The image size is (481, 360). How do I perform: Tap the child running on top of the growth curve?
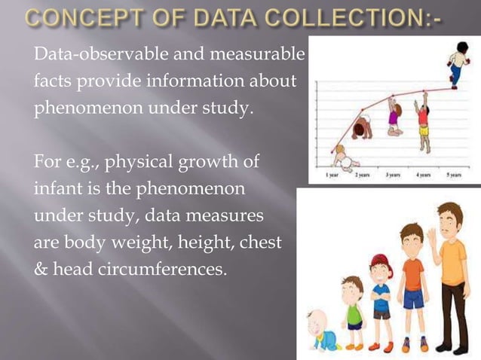[x=457, y=64]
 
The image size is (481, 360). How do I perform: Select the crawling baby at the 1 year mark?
[x=346, y=159]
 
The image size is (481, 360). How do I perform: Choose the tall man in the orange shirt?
[x=451, y=271]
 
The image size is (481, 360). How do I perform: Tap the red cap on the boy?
[x=378, y=261]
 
